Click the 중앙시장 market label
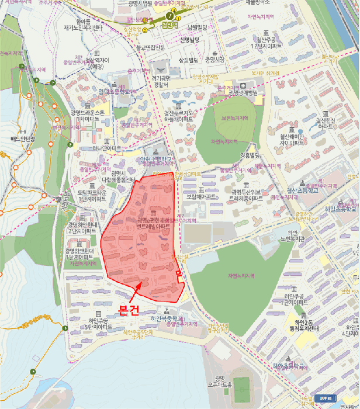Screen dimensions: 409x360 214,59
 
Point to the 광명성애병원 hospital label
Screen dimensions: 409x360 243,92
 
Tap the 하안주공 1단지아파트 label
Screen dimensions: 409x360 295,299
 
